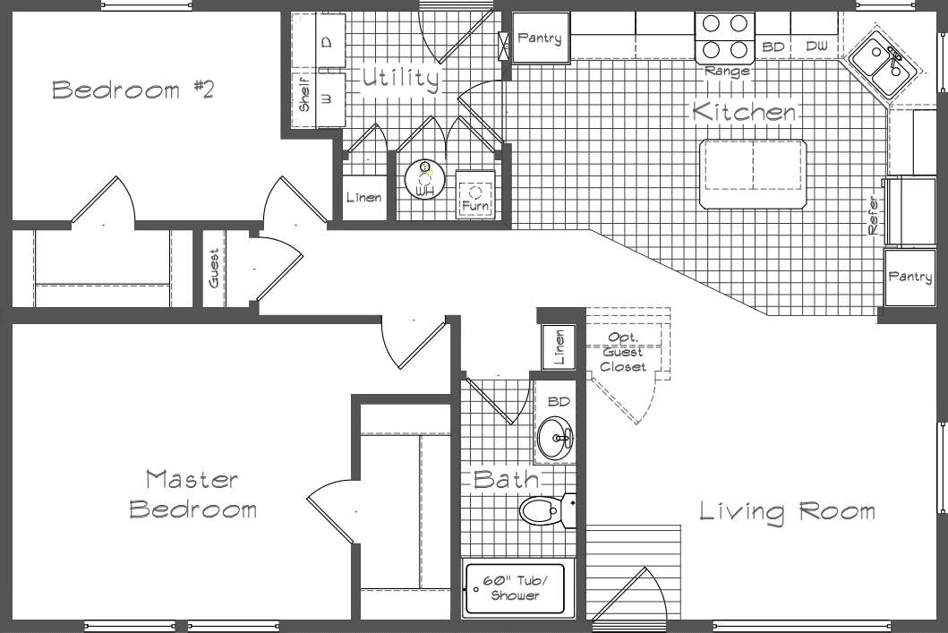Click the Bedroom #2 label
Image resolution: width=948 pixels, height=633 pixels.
[x=132, y=90]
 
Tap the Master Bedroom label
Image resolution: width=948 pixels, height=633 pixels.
[x=192, y=494]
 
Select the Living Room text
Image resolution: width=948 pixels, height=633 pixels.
[x=787, y=511]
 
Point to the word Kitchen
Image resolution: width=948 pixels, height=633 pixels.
[x=744, y=113]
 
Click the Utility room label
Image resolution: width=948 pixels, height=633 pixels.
[x=400, y=79]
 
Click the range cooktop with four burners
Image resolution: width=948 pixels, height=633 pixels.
[x=725, y=37]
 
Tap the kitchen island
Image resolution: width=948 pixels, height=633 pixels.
[x=753, y=165]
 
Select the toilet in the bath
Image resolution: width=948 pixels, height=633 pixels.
[x=541, y=512]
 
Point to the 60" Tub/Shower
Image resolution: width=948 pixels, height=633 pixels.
[x=514, y=588]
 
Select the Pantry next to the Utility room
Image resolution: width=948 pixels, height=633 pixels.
[x=539, y=38]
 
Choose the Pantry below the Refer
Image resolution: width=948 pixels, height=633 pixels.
[x=910, y=278]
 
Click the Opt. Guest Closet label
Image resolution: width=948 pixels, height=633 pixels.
[x=622, y=352]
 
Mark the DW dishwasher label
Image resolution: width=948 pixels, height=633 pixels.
[x=816, y=46]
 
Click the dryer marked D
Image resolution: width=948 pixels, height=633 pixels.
[x=327, y=42]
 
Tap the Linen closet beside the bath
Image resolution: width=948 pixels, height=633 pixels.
[x=559, y=346]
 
